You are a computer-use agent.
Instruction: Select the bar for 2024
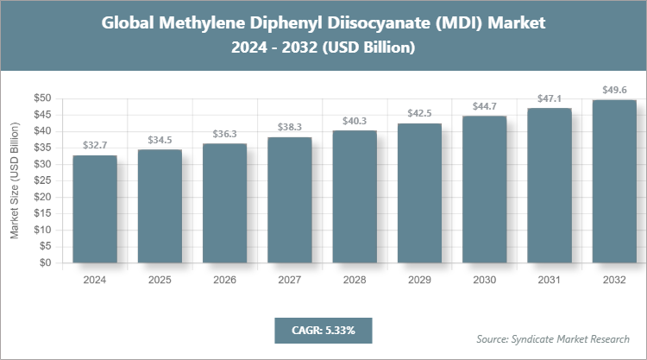[x=95, y=210]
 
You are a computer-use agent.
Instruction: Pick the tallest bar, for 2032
[x=614, y=181]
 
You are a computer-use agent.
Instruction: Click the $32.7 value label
[x=95, y=147]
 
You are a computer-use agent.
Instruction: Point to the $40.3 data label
[x=355, y=122]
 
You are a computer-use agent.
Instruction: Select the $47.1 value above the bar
[x=550, y=99]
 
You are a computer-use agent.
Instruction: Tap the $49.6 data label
[x=614, y=91]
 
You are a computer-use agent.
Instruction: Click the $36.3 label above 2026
[x=224, y=135]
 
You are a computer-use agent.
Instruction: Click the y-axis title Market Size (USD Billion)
[x=15, y=181]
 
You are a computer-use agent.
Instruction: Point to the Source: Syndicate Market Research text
[x=553, y=338]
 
